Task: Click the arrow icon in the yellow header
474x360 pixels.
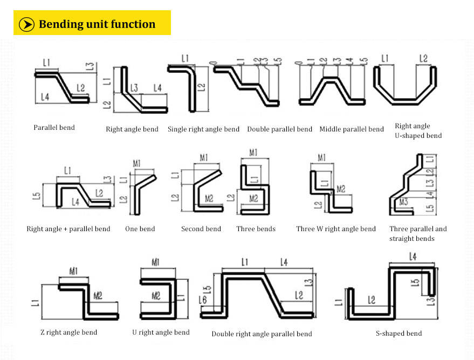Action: point(26,24)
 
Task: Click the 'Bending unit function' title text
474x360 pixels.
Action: point(97,24)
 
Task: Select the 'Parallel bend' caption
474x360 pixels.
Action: point(54,128)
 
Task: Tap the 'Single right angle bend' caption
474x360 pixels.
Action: point(203,129)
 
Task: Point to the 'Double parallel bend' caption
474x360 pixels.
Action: point(279,129)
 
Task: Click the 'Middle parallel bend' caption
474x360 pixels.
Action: point(352,129)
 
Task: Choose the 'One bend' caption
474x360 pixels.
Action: point(140,229)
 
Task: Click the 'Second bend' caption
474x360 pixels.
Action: point(201,229)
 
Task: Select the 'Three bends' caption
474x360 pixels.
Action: point(256,229)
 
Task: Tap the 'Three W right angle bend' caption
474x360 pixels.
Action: point(336,229)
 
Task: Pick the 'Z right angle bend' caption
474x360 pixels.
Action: point(68,333)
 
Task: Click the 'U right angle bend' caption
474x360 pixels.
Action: point(161,333)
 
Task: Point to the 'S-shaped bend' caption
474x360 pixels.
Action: point(399,334)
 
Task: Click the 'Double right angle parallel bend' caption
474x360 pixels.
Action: point(262,334)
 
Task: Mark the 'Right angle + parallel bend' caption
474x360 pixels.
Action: point(68,229)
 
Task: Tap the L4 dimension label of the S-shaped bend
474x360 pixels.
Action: point(413,257)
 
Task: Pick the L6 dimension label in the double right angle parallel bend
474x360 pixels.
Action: point(203,300)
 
